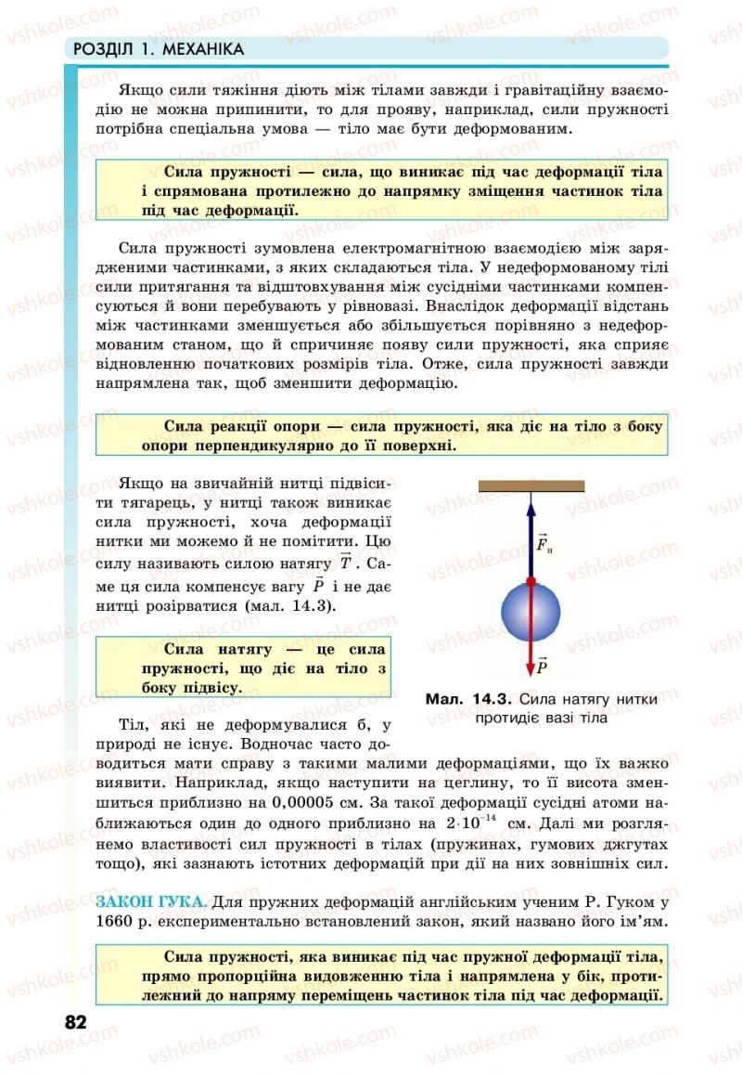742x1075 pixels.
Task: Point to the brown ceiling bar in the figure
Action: pyautogui.click(x=531, y=485)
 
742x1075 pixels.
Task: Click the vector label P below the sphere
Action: pyautogui.click(x=542, y=666)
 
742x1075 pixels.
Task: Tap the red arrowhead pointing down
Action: pyautogui.click(x=531, y=666)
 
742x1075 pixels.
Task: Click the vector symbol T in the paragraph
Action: pyautogui.click(x=345, y=563)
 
